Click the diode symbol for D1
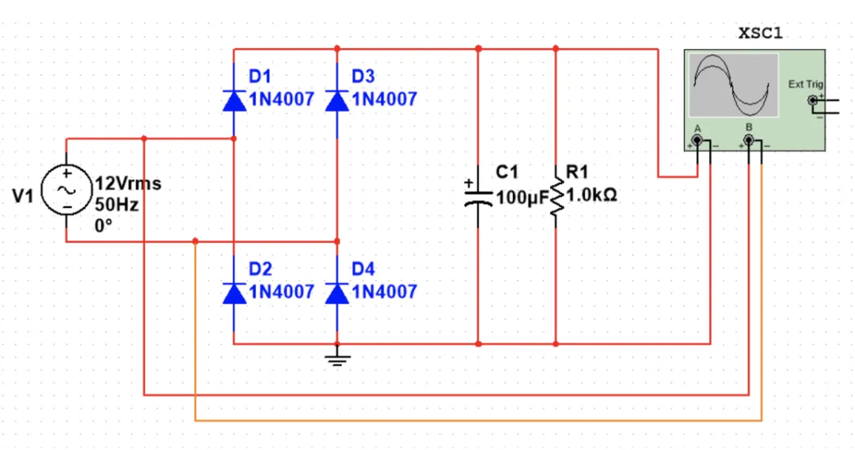tap(234, 100)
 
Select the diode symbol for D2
tap(234, 293)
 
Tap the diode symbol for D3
tap(337, 100)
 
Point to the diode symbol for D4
tap(337, 293)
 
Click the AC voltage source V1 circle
tap(66, 190)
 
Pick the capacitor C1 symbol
tap(478, 195)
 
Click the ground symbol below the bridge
tap(337, 360)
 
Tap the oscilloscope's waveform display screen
tap(733, 85)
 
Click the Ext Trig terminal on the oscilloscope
tap(812, 100)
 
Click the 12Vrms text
tap(128, 183)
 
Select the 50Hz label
tap(116, 205)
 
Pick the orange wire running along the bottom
tap(475, 420)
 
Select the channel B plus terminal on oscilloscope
tap(749, 142)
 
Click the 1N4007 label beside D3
tap(384, 100)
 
